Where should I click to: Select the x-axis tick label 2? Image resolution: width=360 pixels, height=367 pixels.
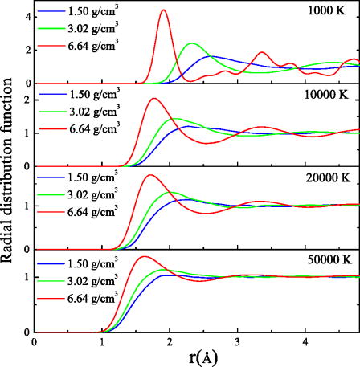click(x=170, y=341)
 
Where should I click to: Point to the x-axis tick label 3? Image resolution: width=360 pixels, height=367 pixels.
click(x=237, y=341)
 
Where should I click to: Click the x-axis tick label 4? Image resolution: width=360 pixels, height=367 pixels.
click(x=305, y=341)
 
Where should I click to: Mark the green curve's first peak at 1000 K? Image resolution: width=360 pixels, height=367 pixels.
click(x=191, y=43)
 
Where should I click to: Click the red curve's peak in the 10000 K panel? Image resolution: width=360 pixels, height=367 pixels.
click(x=153, y=99)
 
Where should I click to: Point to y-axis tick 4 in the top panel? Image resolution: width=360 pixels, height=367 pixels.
click(x=27, y=16)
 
